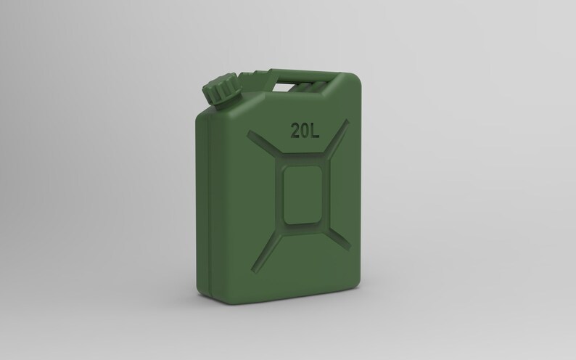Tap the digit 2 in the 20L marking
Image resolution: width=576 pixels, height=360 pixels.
297,131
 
